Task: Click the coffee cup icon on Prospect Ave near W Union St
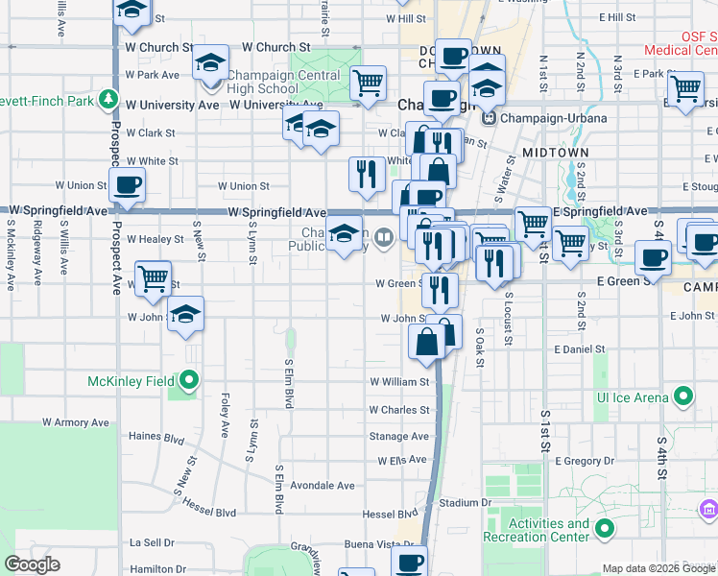127,184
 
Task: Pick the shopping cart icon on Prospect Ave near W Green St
153,278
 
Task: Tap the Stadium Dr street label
465,502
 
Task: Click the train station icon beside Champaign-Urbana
490,118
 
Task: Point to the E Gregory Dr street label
583,462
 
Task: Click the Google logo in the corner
33,564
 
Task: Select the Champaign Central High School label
283,83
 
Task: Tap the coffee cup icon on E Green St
653,257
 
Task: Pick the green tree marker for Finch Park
110,100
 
